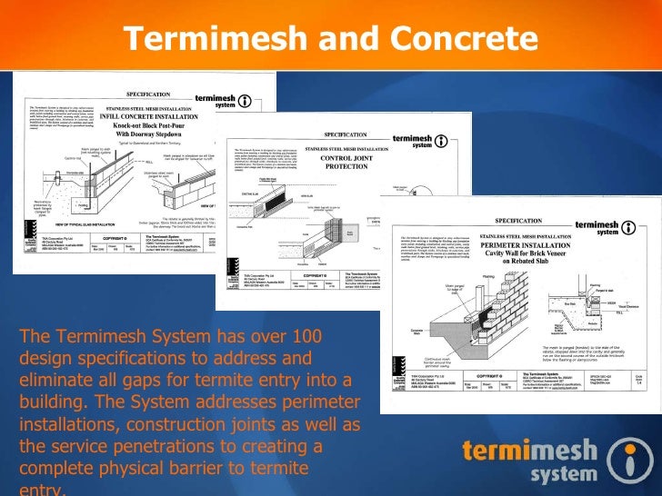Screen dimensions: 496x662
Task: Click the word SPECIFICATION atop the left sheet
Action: pos(148,94)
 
